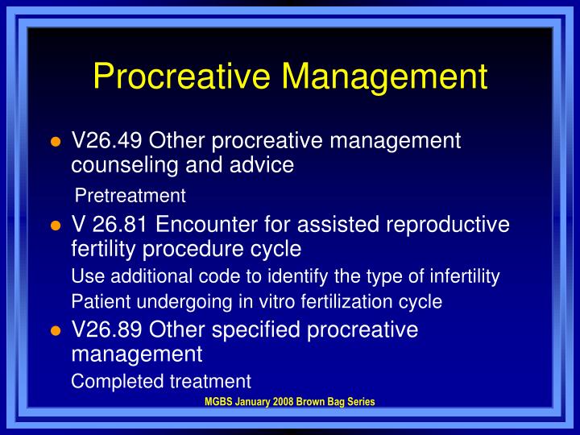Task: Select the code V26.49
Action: pyautogui.click(x=107, y=141)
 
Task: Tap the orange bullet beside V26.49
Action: pyautogui.click(x=56, y=143)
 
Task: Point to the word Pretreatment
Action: pyautogui.click(x=130, y=196)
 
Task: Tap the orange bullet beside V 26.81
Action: pyautogui.click(x=56, y=226)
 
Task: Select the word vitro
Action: pyautogui.click(x=271, y=302)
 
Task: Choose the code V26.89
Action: pyautogui.click(x=107, y=330)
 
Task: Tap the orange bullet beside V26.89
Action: pyautogui.click(x=56, y=332)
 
